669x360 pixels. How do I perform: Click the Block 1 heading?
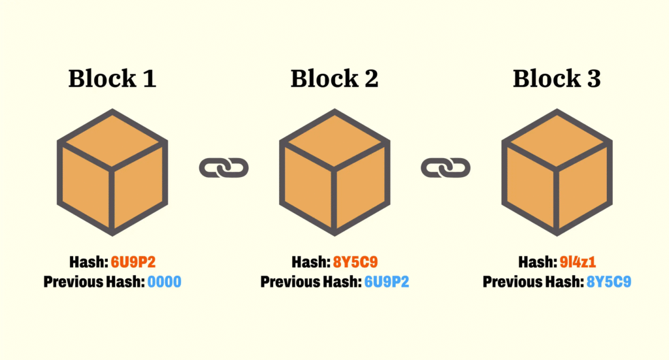click(x=112, y=79)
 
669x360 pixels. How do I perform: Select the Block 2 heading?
click(x=334, y=79)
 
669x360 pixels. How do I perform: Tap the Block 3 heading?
click(x=557, y=79)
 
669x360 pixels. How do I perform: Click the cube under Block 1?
click(x=112, y=172)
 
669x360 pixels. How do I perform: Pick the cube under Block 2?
click(x=334, y=172)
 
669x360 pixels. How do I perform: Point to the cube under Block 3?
click(x=557, y=172)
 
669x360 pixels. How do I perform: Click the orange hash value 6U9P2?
click(x=133, y=263)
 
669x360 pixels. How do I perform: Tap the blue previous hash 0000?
click(x=164, y=282)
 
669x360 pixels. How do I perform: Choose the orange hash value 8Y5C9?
click(x=355, y=263)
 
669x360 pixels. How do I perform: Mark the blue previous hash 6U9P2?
click(x=386, y=282)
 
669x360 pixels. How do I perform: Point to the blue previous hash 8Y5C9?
click(x=608, y=282)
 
